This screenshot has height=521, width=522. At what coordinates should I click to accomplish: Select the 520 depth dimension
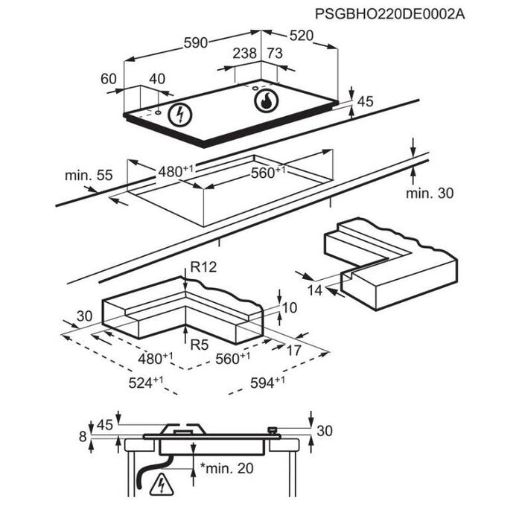[x=301, y=36]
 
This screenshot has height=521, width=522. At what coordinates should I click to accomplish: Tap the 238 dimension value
[x=244, y=54]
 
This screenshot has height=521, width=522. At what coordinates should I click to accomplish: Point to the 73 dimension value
[x=274, y=54]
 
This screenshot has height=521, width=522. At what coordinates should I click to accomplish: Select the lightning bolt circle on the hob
[x=179, y=114]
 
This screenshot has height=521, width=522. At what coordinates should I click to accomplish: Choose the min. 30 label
[x=429, y=194]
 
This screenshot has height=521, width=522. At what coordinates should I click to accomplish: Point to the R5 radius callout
[x=199, y=344]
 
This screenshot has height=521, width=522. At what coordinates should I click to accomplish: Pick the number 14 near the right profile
[x=316, y=290]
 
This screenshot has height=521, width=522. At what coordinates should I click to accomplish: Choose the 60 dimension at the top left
[x=109, y=79]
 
